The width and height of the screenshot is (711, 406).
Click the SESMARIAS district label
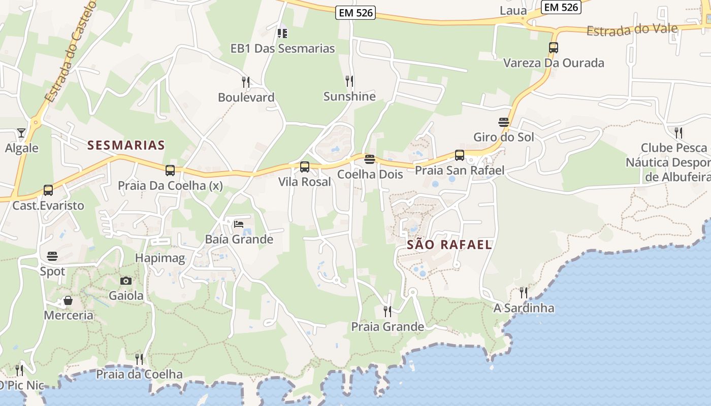(x=126, y=145)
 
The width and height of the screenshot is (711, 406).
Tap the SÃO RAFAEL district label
(x=449, y=245)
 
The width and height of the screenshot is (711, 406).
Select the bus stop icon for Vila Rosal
(x=305, y=167)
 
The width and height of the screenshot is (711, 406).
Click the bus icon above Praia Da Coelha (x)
(x=170, y=171)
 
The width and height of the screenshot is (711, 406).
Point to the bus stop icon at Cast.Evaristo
(x=48, y=190)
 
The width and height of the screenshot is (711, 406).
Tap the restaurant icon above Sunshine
(x=349, y=81)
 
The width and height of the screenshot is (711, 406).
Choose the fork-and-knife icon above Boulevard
(x=246, y=82)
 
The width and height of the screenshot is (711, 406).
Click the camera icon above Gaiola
(x=126, y=281)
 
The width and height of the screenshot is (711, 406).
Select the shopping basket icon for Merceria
(x=68, y=301)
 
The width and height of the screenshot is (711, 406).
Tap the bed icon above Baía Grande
(x=239, y=224)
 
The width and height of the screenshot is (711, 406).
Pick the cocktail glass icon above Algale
(x=21, y=133)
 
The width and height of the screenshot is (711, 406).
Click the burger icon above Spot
(x=52, y=256)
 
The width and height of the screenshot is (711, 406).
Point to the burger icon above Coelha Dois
(x=370, y=159)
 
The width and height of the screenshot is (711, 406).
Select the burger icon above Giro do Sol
(x=504, y=122)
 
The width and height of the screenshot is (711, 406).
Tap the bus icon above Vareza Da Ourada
(x=554, y=48)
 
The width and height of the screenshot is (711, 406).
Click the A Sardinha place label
(x=524, y=308)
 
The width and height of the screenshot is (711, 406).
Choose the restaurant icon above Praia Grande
(x=387, y=311)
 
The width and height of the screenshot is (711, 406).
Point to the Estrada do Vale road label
(x=632, y=29)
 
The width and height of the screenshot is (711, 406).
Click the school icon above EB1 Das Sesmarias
(x=282, y=33)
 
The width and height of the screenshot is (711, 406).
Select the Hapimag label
(x=160, y=258)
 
